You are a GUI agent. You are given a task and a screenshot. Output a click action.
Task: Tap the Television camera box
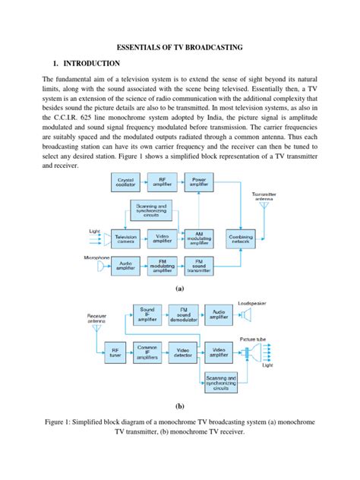pyautogui.click(x=126, y=238)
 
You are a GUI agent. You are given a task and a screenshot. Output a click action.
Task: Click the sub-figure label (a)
pyautogui.click(x=179, y=289)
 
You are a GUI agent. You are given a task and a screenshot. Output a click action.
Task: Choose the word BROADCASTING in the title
pyautogui.click(x=209, y=47)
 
